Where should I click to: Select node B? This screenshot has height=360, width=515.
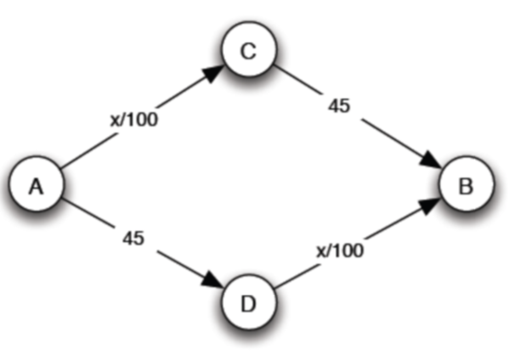click(x=464, y=185)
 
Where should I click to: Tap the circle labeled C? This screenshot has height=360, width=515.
click(x=248, y=52)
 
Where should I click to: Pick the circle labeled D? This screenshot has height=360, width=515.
click(x=248, y=301)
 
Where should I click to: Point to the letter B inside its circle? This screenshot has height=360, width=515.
click(x=464, y=185)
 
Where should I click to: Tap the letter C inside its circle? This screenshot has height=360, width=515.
click(x=248, y=52)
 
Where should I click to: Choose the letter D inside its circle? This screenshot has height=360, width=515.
click(x=248, y=301)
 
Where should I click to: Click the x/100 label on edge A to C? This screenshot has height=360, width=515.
click(x=133, y=119)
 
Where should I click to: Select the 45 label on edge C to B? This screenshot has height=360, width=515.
click(x=340, y=107)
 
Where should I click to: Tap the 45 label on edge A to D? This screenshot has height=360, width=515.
click(x=132, y=238)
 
